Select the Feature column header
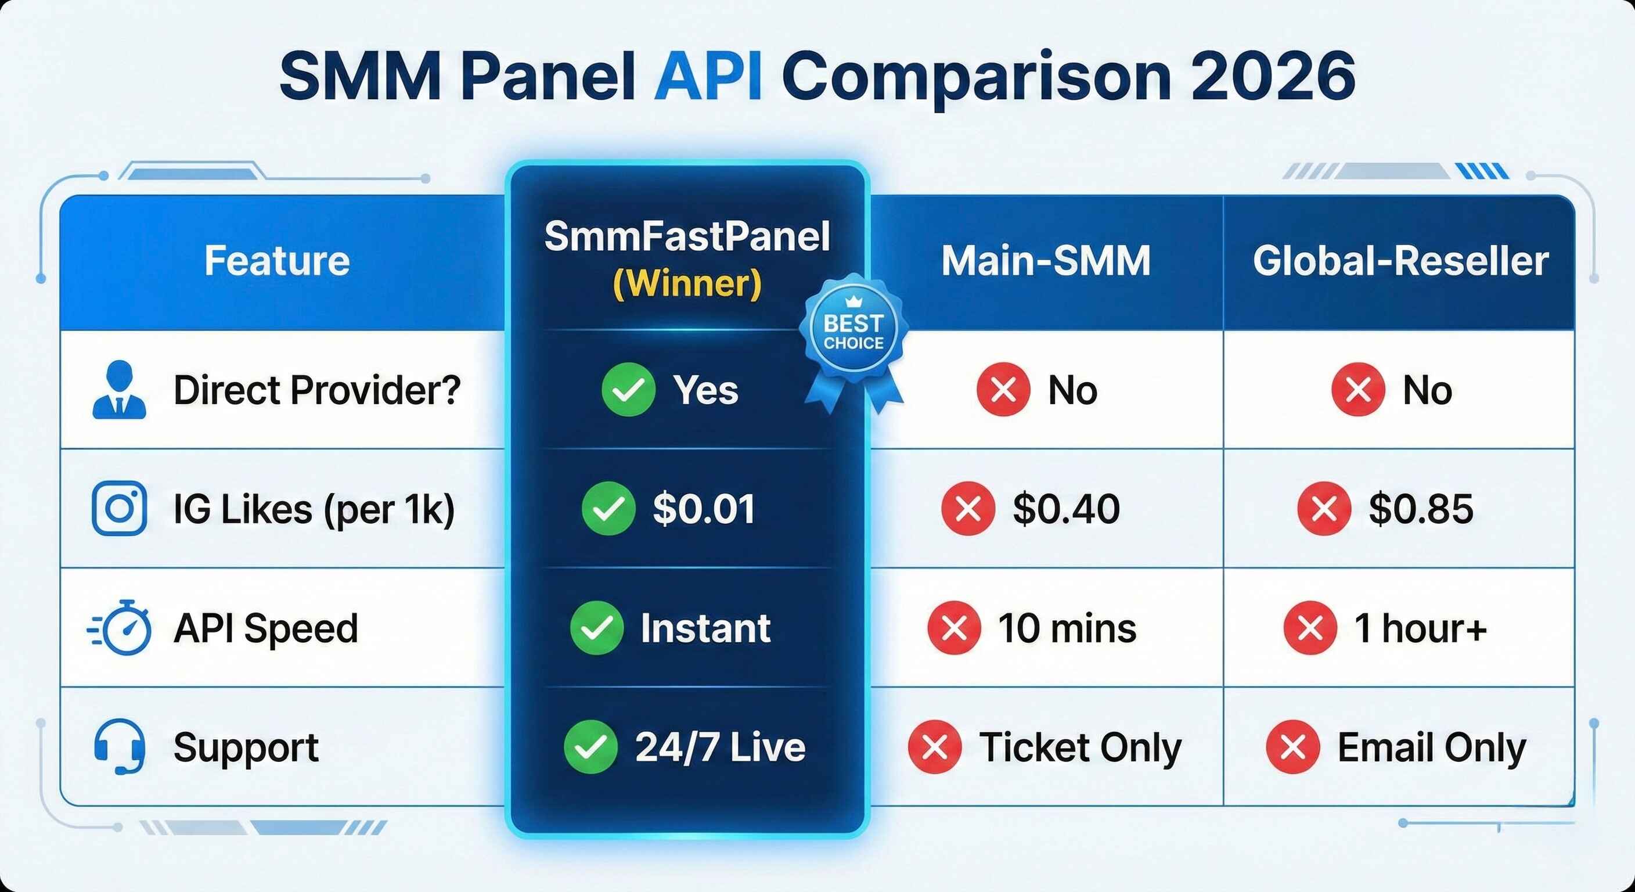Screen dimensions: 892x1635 [x=277, y=261]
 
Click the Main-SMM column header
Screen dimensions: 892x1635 [x=1045, y=261]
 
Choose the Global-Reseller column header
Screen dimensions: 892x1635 [x=1400, y=261]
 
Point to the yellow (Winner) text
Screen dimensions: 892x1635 [x=687, y=284]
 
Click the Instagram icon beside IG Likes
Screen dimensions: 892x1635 [x=120, y=509]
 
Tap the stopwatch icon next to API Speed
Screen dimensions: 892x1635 [x=121, y=627]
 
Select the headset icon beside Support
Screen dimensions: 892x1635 [x=120, y=746]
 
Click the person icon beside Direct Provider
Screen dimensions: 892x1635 [x=120, y=390]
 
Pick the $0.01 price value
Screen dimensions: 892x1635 [x=704, y=509]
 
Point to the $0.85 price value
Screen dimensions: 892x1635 [x=1421, y=509]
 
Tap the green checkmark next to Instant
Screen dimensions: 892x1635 [x=597, y=628]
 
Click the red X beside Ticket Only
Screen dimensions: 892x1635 [x=935, y=747]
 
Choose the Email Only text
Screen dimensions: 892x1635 [x=1431, y=747]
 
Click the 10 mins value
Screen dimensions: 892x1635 [x=1067, y=628]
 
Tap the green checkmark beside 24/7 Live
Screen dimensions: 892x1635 [x=590, y=747]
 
